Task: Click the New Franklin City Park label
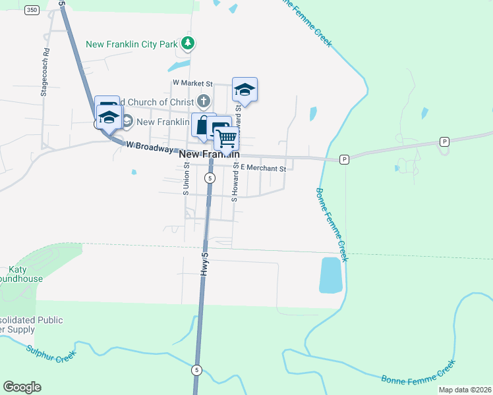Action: [132, 45]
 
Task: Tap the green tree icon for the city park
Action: [189, 44]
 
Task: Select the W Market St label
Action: [192, 84]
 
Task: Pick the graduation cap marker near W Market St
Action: [245, 90]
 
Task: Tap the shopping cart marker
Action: [226, 139]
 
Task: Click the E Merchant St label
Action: [262, 169]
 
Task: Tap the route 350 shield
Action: [32, 11]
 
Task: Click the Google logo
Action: [22, 387]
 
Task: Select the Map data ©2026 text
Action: [464, 390]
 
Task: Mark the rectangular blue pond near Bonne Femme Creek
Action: [330, 275]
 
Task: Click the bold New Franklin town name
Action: [208, 154]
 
